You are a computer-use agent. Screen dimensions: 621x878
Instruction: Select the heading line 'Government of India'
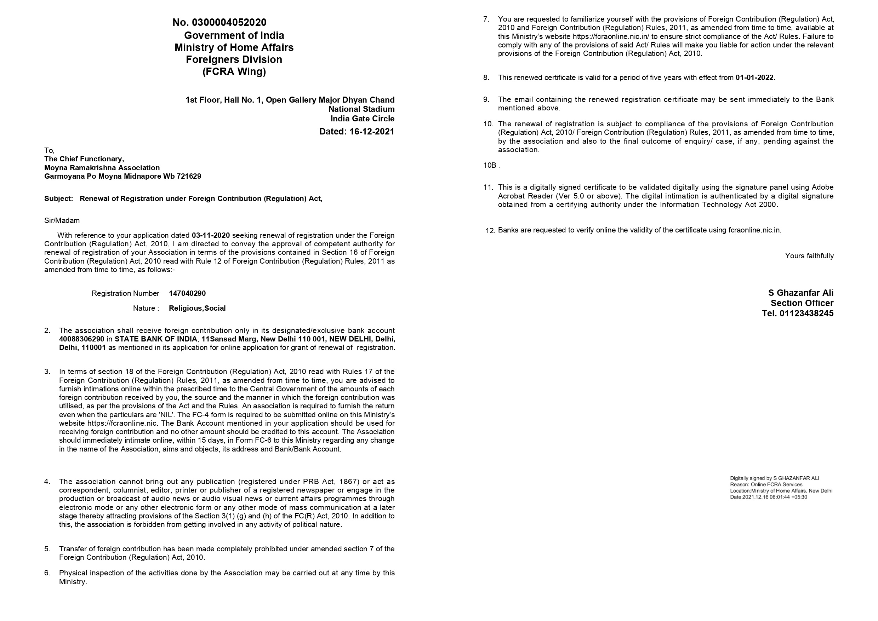234,36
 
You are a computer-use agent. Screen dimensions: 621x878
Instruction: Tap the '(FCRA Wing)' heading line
234,71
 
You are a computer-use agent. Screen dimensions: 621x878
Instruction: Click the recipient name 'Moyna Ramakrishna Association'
102,167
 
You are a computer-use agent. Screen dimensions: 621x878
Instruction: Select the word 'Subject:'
58,199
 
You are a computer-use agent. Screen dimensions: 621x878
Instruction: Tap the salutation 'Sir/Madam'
62,220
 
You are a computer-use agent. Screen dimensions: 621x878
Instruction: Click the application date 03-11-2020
211,235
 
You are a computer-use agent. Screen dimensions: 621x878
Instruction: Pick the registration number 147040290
187,293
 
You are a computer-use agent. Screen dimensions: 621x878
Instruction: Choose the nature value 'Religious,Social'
197,308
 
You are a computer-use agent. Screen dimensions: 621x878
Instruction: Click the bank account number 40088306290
81,339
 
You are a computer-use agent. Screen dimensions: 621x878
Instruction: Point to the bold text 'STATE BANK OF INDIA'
156,339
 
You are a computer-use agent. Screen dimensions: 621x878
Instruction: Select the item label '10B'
489,165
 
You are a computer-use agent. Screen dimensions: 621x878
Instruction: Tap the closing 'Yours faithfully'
809,256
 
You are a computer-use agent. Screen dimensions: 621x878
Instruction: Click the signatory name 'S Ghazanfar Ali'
800,293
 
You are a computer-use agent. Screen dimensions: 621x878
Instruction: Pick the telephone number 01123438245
806,314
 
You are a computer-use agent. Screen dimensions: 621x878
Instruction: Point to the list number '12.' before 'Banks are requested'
490,231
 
